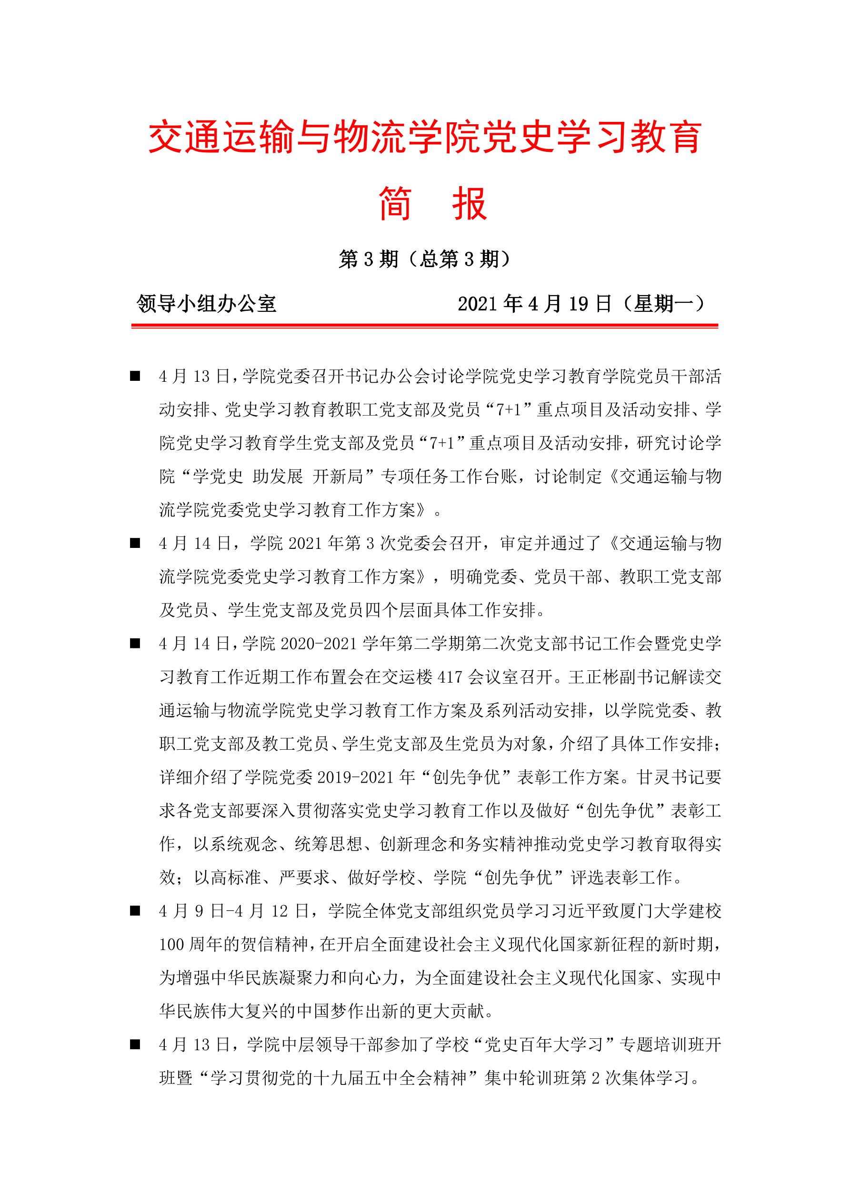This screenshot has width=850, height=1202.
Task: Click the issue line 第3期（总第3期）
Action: coord(424,259)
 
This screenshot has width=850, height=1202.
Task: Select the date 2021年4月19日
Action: coord(534,304)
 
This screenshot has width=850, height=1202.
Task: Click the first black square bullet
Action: coord(135,377)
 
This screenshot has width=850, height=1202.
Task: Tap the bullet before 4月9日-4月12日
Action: coord(135,911)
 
